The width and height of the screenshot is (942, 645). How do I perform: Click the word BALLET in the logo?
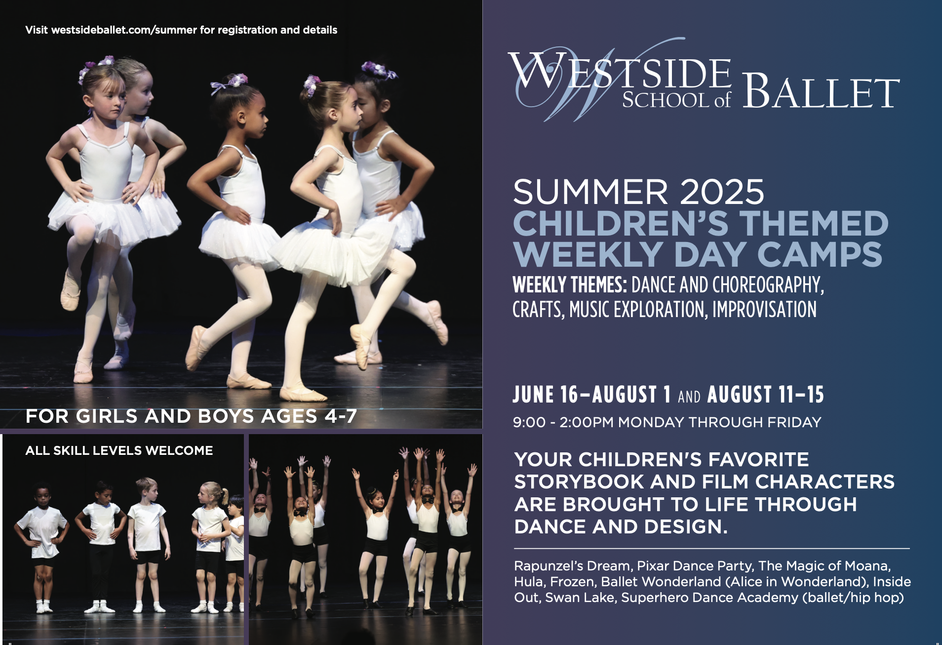pyautogui.click(x=821, y=92)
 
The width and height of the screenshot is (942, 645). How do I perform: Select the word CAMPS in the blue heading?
pyautogui.click(x=820, y=254)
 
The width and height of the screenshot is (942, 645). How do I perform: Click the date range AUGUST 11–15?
pyautogui.click(x=766, y=395)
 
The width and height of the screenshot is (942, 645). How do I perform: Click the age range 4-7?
pyautogui.click(x=341, y=416)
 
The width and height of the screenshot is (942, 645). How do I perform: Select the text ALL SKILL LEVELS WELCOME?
pyautogui.click(x=119, y=450)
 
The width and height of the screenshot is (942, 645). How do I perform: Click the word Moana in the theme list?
pyautogui.click(x=867, y=566)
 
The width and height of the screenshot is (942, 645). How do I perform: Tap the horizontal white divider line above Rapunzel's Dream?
pyautogui.click(x=711, y=548)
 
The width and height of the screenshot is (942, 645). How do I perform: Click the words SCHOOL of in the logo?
pyautogui.click(x=676, y=100)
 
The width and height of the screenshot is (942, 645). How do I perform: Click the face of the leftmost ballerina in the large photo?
pyautogui.click(x=108, y=99)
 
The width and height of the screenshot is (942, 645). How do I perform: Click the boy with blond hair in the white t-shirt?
pyautogui.click(x=147, y=543)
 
